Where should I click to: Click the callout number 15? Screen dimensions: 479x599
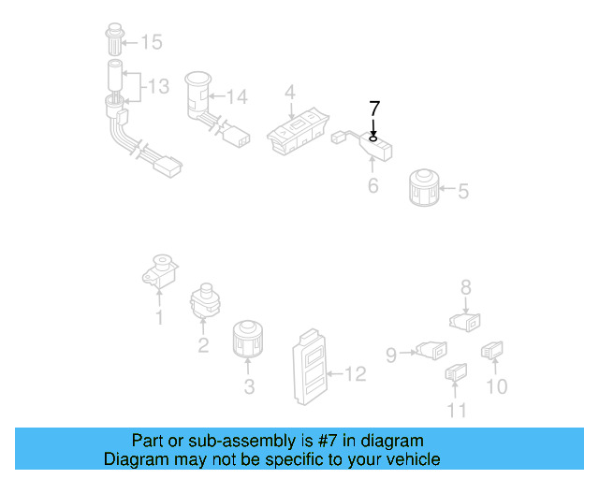[151, 41]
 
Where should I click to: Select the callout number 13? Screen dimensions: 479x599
[158, 87]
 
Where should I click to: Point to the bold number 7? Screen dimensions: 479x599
[373, 108]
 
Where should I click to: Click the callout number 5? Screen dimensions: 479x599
[462, 191]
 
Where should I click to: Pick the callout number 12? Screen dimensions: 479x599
[355, 374]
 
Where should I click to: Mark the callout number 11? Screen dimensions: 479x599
[456, 410]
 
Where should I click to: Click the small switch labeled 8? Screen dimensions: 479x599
[465, 321]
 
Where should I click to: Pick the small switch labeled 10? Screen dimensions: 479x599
[492, 352]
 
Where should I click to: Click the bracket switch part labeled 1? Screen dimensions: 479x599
[160, 270]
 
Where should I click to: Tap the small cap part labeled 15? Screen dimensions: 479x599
[111, 41]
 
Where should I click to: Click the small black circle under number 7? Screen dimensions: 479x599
[373, 138]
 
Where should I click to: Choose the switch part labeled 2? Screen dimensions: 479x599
[204, 302]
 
